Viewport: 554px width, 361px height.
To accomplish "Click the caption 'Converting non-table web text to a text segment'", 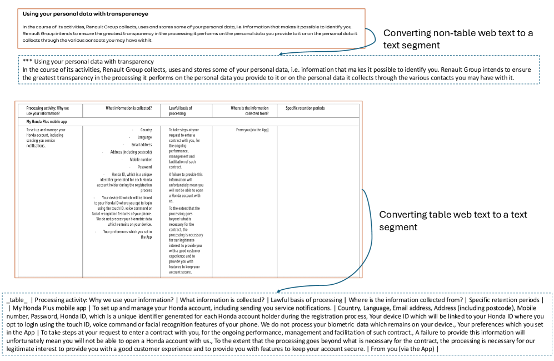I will click(458, 39).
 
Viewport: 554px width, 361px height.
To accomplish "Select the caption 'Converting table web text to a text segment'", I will click(453, 220).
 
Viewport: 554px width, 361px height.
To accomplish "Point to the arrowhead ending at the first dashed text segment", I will click(281, 55).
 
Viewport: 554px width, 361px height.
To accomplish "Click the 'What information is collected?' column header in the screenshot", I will click(129, 108).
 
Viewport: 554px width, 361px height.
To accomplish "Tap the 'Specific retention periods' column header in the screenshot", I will click(305, 108).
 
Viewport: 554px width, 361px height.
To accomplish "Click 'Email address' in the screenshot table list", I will click(141, 145).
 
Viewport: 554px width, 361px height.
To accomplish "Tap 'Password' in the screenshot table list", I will click(144, 167).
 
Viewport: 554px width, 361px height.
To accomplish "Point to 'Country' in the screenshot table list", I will click(146, 130).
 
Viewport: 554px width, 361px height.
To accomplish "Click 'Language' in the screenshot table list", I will click(144, 137).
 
